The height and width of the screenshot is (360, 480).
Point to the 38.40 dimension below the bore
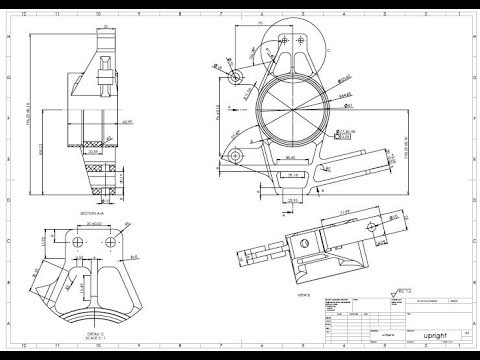click(290, 158)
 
